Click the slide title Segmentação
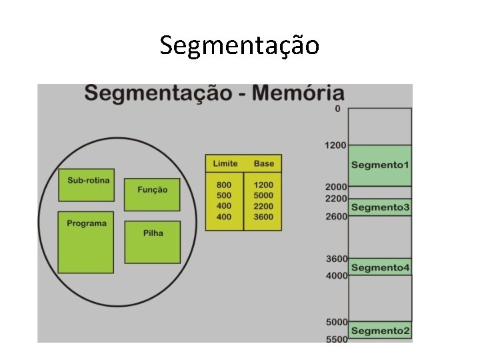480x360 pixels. pos(239,45)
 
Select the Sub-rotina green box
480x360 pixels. pos(85,185)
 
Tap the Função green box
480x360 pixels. pos(152,194)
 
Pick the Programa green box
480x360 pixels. pos(85,242)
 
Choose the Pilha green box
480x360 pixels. pos(152,241)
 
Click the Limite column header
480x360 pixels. pos(225,164)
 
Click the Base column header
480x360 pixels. pos(263,164)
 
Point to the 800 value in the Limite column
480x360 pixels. pos(224,185)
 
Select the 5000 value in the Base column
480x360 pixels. pos(263,195)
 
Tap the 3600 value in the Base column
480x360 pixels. pos(263,217)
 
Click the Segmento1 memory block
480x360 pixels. pos(380,165)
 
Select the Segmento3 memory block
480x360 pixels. pos(380,207)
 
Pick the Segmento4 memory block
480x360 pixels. pos(380,267)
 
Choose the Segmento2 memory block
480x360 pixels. pos(380,330)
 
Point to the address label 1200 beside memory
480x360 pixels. pos(335,145)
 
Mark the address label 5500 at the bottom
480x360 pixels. pos(336,339)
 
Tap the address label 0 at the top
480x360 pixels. pos(337,108)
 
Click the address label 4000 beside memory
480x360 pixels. pos(336,275)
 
